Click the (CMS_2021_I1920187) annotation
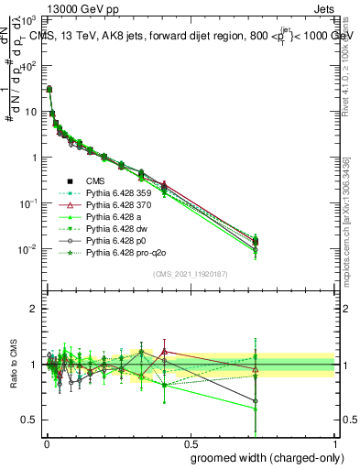pyautogui.click(x=191, y=273)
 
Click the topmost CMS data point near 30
pyautogui.click(x=49, y=89)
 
